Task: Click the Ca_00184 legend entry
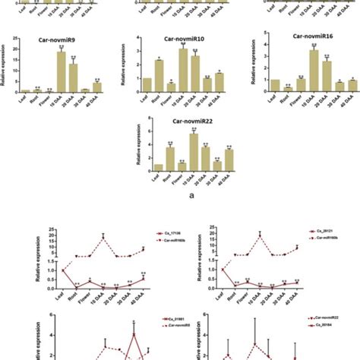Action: point(327,327)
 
